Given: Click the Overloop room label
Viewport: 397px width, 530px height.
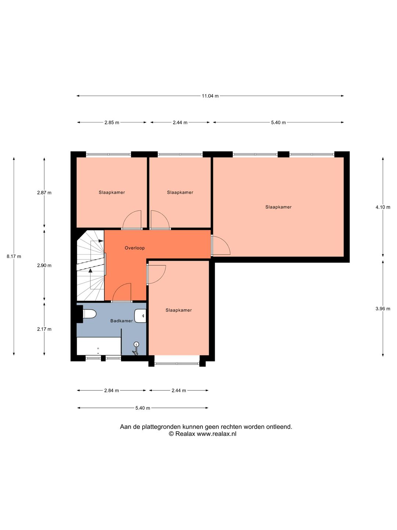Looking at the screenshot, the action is [135, 248].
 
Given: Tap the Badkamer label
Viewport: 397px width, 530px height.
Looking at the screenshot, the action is [121, 321].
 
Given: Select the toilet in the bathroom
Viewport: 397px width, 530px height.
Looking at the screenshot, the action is [89, 314].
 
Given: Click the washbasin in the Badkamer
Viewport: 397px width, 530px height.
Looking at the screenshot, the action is [140, 315].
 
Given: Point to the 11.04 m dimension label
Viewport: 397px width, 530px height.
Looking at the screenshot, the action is [210, 96].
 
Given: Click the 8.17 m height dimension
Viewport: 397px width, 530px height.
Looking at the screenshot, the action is [14, 257].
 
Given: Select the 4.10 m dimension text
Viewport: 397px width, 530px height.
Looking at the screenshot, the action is [383, 207].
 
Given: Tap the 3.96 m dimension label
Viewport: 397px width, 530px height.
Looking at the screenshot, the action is [383, 308].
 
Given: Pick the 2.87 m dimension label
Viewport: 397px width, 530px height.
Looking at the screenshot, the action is [44, 192].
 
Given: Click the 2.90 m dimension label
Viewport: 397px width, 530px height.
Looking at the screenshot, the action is [44, 265].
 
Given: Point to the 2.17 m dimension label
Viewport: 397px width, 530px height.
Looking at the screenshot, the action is [44, 329].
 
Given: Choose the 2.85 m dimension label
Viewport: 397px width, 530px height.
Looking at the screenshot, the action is [112, 123].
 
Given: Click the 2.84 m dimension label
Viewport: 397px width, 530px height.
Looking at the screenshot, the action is [111, 391].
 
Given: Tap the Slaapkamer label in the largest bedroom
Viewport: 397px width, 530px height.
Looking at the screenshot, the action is [278, 207].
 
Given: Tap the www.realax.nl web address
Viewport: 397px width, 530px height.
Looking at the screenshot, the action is [217, 434].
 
